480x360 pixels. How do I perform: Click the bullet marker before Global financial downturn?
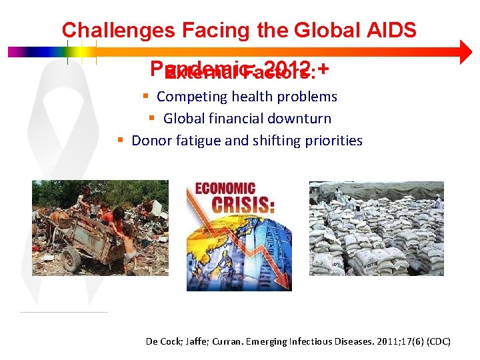pos(152,119)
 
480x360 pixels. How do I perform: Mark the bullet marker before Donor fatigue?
pos(120,141)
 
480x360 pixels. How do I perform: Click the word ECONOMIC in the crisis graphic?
pos(225,189)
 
